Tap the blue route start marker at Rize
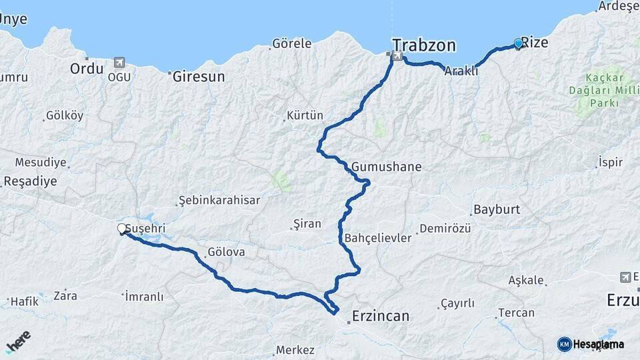point(518,44)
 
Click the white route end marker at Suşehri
point(122,229)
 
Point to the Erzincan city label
point(380,316)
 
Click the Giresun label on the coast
point(199,76)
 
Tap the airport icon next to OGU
point(119,63)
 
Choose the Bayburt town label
point(496,209)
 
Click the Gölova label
point(226,253)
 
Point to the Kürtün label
point(304,116)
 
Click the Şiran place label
point(307,224)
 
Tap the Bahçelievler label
point(378,238)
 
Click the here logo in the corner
point(18,342)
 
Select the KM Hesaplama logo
point(591,344)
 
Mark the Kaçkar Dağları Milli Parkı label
point(599,91)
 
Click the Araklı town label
point(461,71)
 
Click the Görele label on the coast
point(291,44)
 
